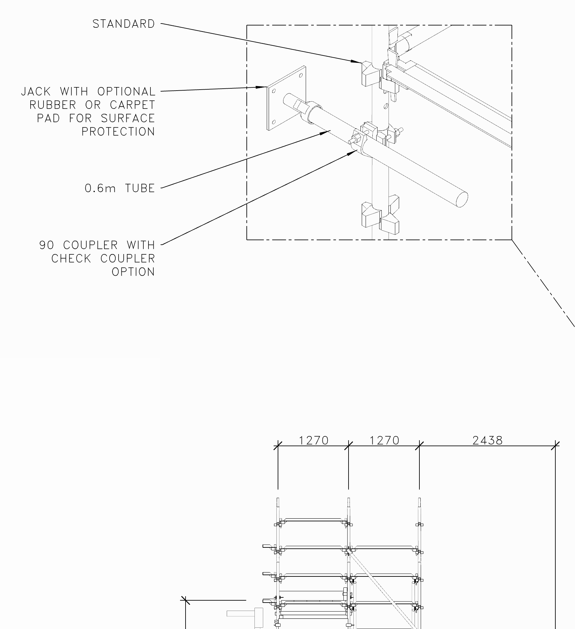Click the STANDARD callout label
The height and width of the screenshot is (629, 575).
click(124, 24)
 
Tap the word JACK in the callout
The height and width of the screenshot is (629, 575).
click(36, 92)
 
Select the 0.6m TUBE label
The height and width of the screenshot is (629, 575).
click(120, 188)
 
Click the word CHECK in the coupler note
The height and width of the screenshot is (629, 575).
click(71, 259)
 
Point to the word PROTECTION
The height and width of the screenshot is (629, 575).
click(118, 132)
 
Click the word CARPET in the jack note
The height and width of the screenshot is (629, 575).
click(132, 105)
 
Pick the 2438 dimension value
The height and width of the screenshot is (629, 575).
click(487, 440)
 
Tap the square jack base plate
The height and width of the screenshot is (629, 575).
click(286, 98)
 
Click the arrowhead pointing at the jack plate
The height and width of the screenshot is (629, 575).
click(261, 87)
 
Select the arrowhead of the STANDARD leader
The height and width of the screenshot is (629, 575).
click(357, 61)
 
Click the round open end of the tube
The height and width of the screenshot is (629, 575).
click(462, 199)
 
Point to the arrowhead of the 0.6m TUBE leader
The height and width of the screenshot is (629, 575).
click(325, 133)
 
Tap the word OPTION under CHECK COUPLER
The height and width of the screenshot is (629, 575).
click(133, 272)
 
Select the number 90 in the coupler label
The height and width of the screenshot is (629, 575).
click(46, 245)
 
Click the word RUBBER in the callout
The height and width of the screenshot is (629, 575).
click(53, 105)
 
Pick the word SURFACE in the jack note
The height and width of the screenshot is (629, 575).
click(128, 118)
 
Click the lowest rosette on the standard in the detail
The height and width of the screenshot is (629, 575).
click(380, 214)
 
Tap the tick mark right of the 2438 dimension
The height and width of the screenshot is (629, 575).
click(555, 446)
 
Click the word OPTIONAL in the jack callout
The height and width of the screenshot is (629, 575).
click(126, 92)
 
